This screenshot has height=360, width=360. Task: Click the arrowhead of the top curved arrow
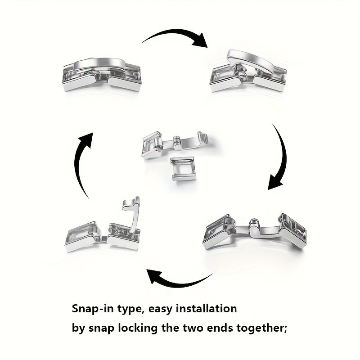[200, 41]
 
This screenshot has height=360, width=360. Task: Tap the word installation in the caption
[206, 308]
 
